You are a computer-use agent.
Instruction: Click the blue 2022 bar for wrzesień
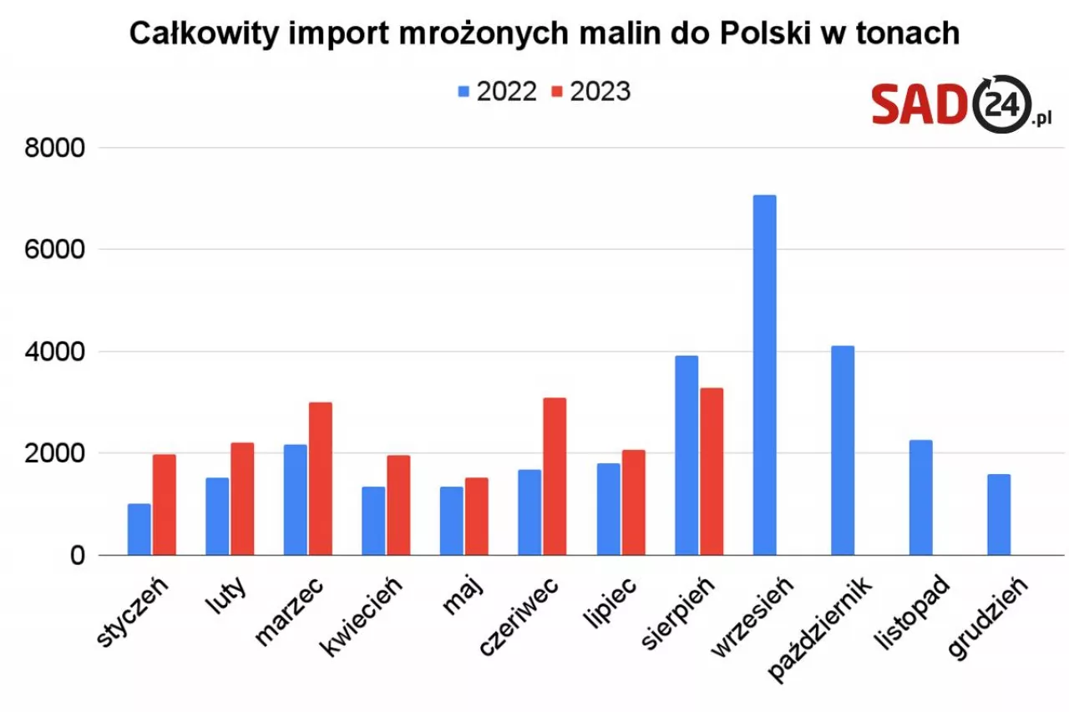(764, 376)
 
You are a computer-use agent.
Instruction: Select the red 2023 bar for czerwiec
(555, 477)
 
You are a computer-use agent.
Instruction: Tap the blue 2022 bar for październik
(843, 451)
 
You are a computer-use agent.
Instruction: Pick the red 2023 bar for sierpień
(711, 472)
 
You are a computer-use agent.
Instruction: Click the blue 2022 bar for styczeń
(139, 529)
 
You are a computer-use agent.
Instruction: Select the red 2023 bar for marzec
(321, 479)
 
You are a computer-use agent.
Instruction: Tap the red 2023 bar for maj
(477, 517)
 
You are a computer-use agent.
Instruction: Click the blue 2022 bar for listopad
(920, 497)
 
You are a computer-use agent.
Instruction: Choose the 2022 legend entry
(497, 92)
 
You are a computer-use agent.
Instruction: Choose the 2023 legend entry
(590, 92)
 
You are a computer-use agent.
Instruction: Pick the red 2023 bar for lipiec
(633, 502)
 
